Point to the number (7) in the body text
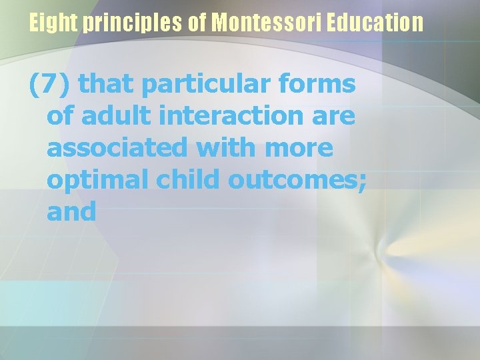click(x=51, y=85)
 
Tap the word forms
click(x=321, y=85)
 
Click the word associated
click(x=117, y=148)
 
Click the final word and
click(x=71, y=212)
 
